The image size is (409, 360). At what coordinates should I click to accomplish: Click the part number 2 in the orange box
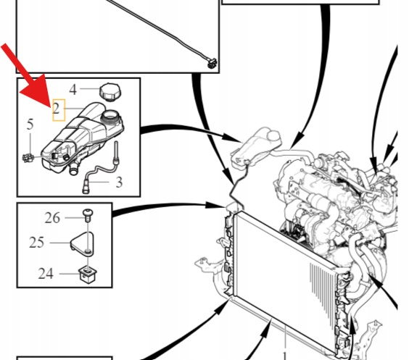[57, 109]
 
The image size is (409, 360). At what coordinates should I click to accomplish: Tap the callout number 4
[73, 89]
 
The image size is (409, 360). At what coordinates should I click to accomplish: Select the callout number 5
[30, 125]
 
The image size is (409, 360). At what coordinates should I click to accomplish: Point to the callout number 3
[119, 183]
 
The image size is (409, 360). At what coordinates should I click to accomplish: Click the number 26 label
[52, 218]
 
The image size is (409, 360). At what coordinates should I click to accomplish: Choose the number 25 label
[37, 243]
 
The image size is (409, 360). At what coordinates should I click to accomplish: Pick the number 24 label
[46, 274]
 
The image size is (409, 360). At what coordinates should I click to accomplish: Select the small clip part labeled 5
[28, 158]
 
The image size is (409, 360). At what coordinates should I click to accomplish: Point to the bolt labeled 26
[88, 214]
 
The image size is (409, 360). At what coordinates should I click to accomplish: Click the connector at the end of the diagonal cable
[213, 63]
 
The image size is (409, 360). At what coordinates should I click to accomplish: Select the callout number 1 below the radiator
[285, 356]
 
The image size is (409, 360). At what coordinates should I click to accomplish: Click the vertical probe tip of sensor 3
[116, 151]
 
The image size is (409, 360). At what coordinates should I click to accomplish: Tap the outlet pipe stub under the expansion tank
[73, 169]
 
